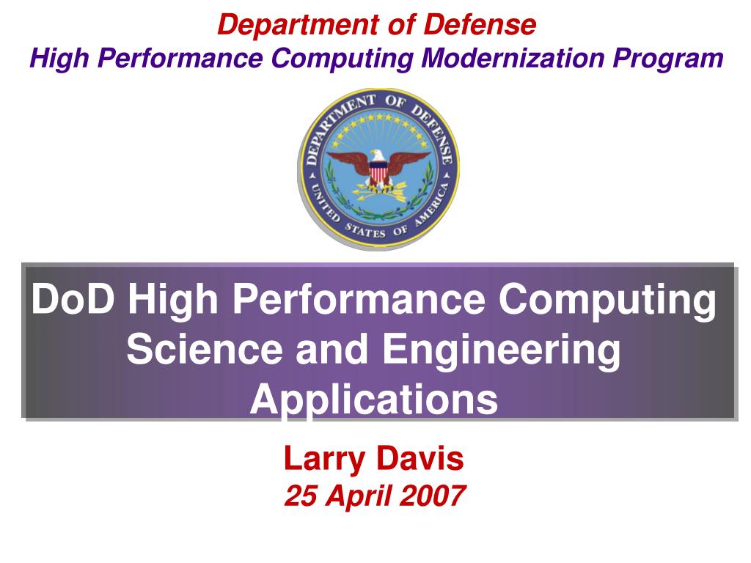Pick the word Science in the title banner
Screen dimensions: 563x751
205,350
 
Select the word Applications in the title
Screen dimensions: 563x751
374,400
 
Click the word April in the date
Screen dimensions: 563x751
355,496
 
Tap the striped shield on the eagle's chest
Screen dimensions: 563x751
378,173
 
